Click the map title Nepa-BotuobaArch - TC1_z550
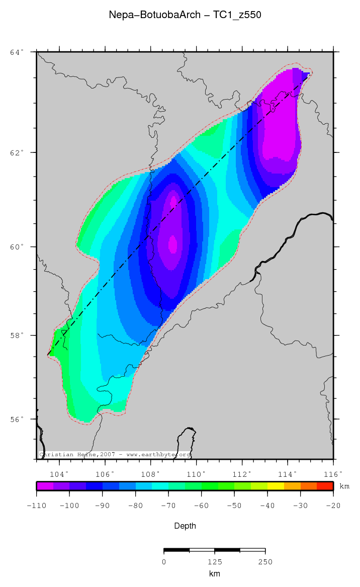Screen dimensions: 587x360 (185, 15)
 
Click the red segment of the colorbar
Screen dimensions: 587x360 (325, 486)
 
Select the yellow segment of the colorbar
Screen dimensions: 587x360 (276, 486)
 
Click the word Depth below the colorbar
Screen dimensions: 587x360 (185, 526)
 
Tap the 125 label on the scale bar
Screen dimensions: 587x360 (215, 562)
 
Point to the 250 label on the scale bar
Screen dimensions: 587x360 (265, 562)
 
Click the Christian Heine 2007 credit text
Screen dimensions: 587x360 (115, 455)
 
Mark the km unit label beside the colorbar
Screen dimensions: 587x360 (344, 486)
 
